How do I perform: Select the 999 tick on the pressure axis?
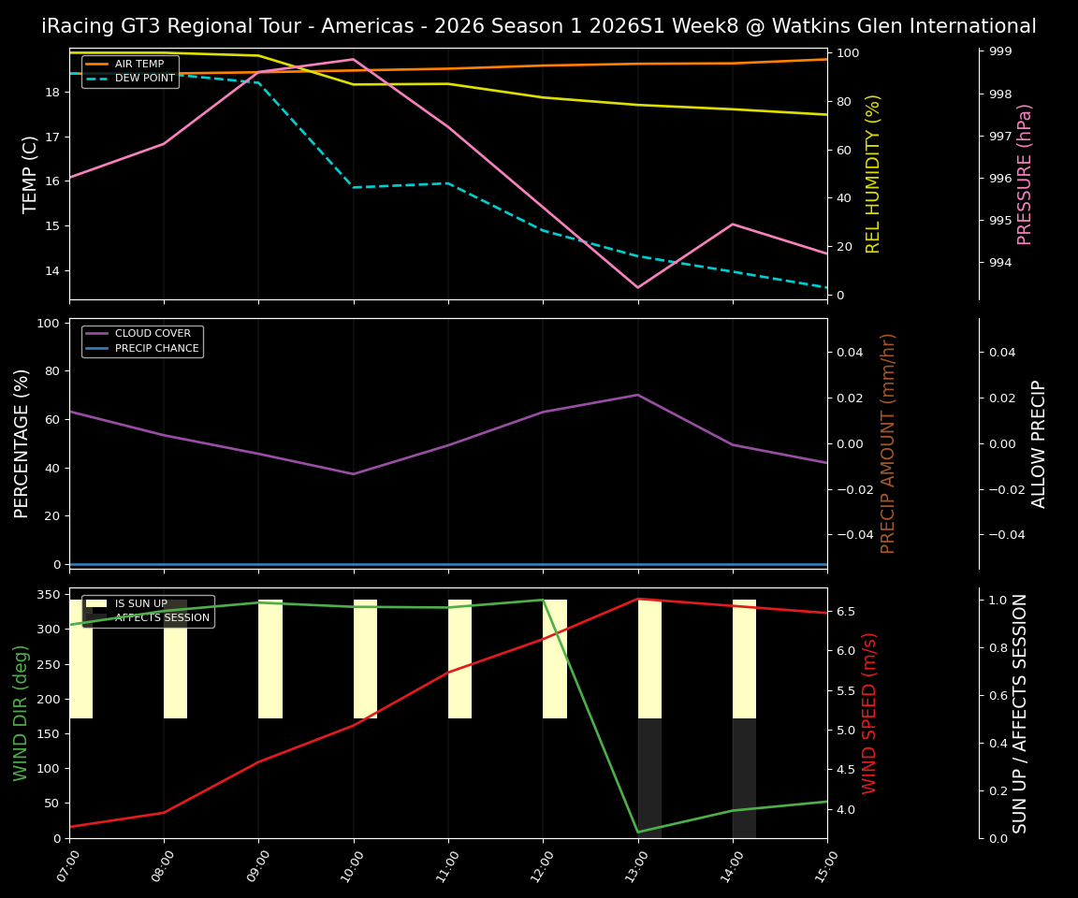(1000, 51)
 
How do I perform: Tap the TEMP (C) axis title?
(31, 174)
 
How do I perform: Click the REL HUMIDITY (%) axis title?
(873, 174)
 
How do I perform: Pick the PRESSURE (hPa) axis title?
(1025, 174)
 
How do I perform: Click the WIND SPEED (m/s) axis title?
(870, 713)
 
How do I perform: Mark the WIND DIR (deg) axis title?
(21, 713)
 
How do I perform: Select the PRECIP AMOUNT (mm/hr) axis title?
(888, 443)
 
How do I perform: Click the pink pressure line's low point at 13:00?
(638, 287)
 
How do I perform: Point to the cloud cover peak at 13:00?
(638, 395)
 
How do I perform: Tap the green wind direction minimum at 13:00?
(638, 832)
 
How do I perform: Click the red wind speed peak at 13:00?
(638, 599)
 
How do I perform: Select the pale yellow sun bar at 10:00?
(365, 659)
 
